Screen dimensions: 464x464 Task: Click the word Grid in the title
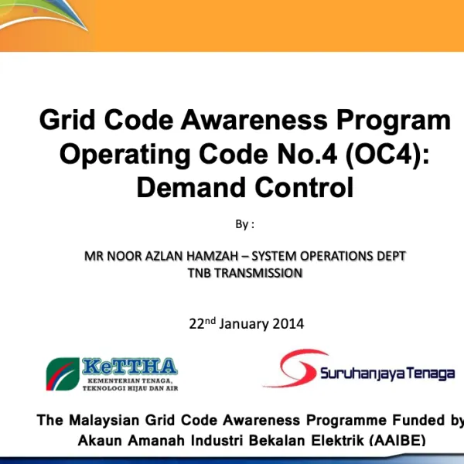tap(68, 121)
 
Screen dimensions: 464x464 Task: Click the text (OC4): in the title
tap(387, 155)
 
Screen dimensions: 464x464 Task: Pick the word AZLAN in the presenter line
tap(163, 256)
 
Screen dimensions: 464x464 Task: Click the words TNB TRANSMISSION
tap(245, 272)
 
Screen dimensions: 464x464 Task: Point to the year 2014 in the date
tap(288, 324)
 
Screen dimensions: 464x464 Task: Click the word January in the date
tap(244, 324)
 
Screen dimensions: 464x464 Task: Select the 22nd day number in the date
tap(203, 323)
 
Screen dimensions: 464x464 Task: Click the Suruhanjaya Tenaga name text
tap(387, 374)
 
